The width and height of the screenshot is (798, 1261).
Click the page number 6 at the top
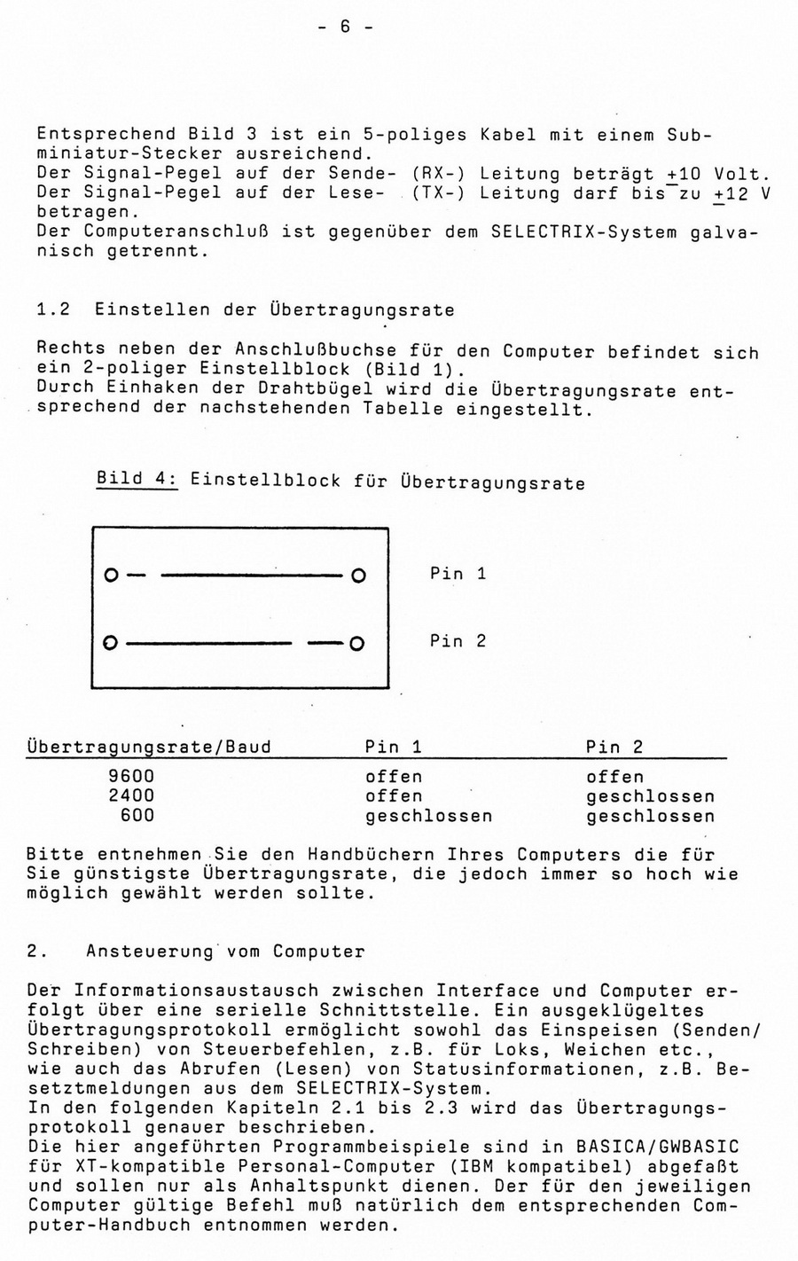(x=345, y=27)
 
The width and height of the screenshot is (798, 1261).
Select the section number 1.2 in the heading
(x=54, y=309)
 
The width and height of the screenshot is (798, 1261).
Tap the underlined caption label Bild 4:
(x=137, y=479)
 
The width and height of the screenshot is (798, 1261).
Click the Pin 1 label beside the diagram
(x=458, y=574)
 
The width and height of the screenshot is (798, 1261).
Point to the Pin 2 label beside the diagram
(x=458, y=641)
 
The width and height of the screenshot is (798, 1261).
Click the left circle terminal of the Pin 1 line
(x=110, y=576)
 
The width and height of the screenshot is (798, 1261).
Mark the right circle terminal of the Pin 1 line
(x=357, y=576)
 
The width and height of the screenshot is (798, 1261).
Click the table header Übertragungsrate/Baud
(x=149, y=748)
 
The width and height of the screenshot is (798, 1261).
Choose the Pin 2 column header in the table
(x=614, y=748)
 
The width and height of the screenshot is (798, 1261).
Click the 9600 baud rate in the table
(x=130, y=777)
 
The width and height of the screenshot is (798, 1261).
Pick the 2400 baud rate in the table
(x=130, y=796)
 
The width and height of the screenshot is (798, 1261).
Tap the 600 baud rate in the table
(x=137, y=815)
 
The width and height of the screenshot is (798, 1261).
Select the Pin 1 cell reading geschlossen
(x=428, y=815)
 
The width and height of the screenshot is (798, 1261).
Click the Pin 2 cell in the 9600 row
(x=614, y=777)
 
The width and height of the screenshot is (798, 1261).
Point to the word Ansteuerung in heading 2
(x=151, y=952)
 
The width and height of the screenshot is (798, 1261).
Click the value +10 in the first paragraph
(x=685, y=174)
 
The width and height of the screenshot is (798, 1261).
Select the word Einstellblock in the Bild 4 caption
(x=264, y=482)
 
